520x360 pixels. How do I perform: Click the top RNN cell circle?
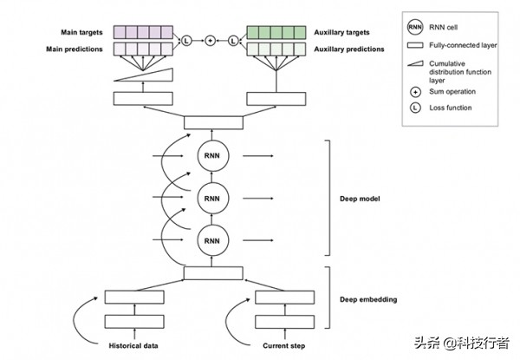click(x=212, y=155)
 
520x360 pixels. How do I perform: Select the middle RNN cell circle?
click(x=212, y=196)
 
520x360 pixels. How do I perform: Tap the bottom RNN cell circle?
click(x=212, y=237)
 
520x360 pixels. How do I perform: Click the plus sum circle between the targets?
click(x=210, y=41)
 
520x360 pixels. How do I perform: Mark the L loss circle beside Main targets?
click(x=185, y=41)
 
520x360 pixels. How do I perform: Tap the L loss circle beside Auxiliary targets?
click(x=233, y=41)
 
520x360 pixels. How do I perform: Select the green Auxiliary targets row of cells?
click(x=276, y=32)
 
